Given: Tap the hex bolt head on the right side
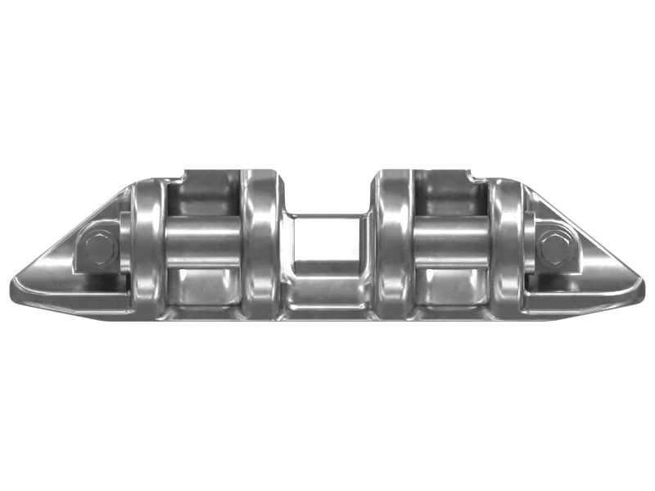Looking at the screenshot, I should pyautogui.click(x=553, y=245).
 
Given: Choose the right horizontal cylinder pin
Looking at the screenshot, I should pyautogui.click(x=451, y=243).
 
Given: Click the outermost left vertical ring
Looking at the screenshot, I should pyautogui.click(x=148, y=245).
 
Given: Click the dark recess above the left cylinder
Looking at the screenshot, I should pyautogui.click(x=203, y=196).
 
